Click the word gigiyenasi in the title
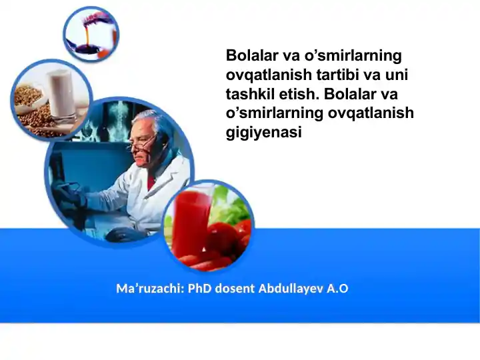pyautogui.click(x=264, y=133)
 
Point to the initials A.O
pyautogui.click(x=337, y=289)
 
